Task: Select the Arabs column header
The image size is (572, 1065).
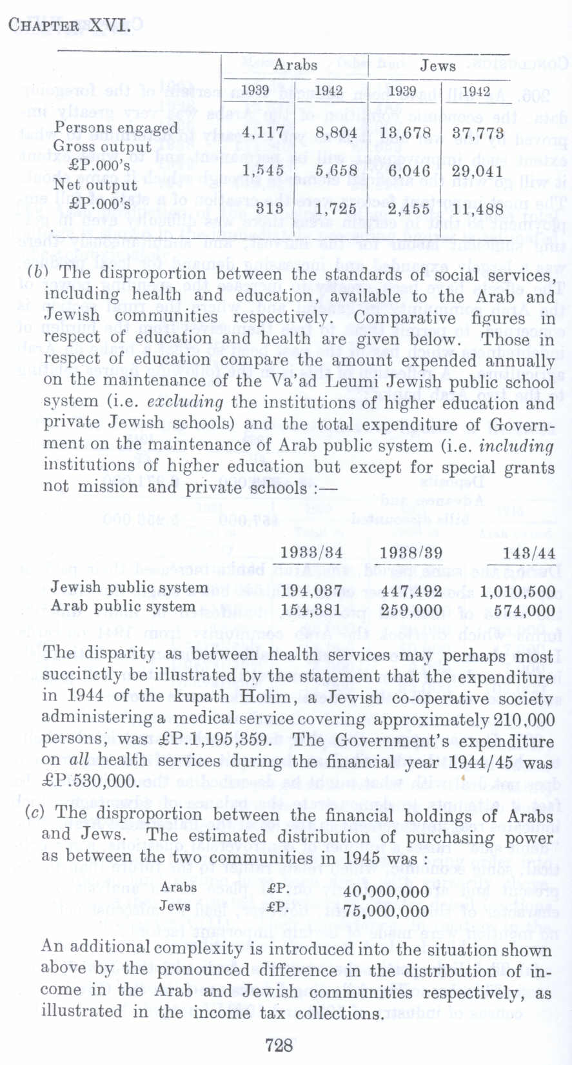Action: pyautogui.click(x=295, y=65)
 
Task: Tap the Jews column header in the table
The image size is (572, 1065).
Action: pyautogui.click(x=438, y=66)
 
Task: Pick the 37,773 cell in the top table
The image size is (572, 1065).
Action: pyautogui.click(x=477, y=134)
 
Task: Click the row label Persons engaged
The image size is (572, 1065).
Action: pyautogui.click(x=116, y=127)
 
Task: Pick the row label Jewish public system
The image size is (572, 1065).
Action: pyautogui.click(x=129, y=587)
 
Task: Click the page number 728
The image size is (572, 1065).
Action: pyautogui.click(x=279, y=1045)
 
